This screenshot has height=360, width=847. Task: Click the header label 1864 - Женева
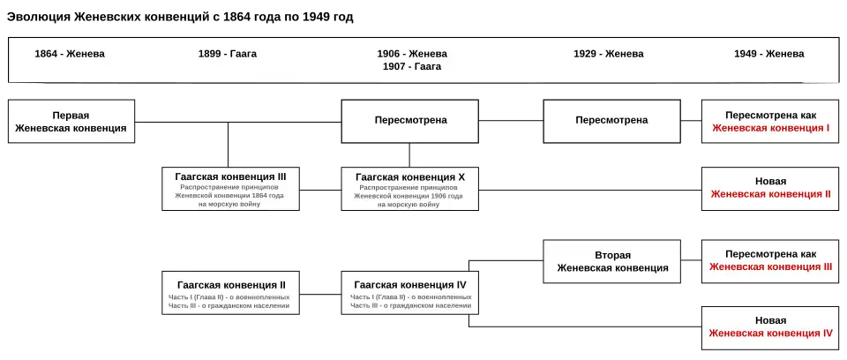point(70,54)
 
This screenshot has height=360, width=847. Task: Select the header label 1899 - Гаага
point(228,54)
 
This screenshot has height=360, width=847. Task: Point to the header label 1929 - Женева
point(608,54)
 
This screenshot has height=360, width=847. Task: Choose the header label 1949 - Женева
point(768,54)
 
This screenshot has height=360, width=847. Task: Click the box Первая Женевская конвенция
point(71,122)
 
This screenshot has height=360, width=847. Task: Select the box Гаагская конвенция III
point(230,187)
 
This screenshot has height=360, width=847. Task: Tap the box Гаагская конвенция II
point(231,294)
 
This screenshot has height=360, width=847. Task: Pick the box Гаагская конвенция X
point(410,187)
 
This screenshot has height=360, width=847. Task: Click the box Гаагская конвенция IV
point(410,294)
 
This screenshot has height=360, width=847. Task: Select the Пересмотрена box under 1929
point(611,121)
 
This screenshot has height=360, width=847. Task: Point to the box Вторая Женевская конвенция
point(611,262)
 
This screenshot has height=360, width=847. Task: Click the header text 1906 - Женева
point(412,53)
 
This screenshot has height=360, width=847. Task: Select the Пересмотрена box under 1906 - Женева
point(410,121)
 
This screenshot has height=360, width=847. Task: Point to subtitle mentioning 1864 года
point(230,196)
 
